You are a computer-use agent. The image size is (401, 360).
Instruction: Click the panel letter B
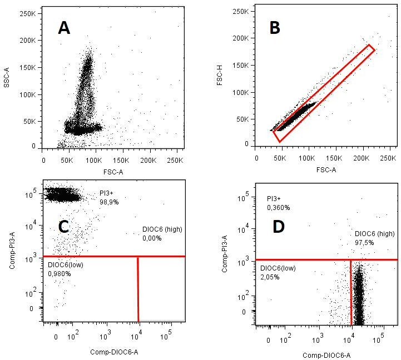click(275, 28)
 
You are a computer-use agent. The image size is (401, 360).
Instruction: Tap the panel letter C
click(63, 227)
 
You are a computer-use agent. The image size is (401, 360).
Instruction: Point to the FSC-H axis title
click(220, 79)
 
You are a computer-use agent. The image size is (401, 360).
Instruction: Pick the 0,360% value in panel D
click(279, 207)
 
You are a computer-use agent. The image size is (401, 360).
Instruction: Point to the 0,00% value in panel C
click(152, 238)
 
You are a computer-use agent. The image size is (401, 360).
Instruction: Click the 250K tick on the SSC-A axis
click(28, 14)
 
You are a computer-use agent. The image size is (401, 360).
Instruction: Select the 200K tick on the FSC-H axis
click(240, 38)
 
